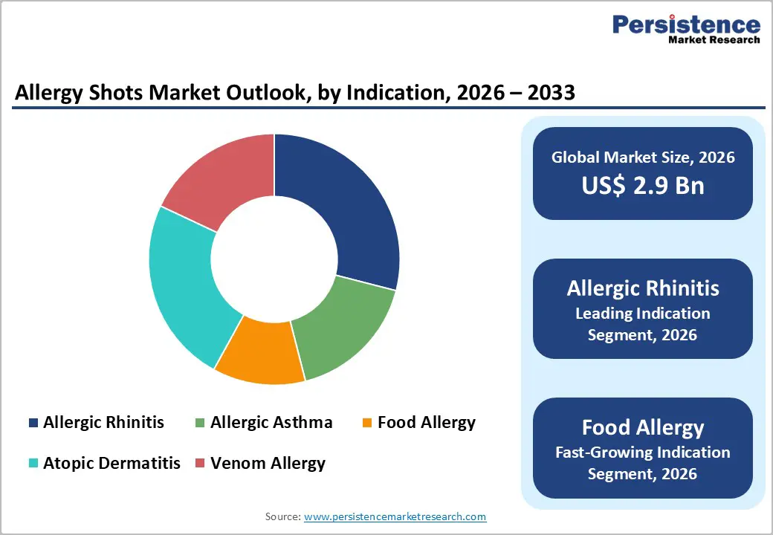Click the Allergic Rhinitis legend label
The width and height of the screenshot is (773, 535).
coord(103,423)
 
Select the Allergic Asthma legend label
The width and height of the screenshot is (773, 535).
coord(271,423)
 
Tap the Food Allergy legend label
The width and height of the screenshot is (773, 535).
coord(426,423)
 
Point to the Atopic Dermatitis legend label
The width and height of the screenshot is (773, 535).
coord(111,463)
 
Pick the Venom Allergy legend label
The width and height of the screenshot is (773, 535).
coord(268,463)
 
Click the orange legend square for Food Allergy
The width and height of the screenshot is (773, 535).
coord(367,424)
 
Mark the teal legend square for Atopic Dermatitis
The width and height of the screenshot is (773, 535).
coord(33,464)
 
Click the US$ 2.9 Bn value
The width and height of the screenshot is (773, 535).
coord(643,185)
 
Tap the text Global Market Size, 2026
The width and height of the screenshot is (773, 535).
coord(643,157)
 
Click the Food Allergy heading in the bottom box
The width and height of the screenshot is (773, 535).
coord(643,427)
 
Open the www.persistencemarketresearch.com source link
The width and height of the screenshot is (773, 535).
coord(395,516)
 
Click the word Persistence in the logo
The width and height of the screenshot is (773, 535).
coord(686,25)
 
